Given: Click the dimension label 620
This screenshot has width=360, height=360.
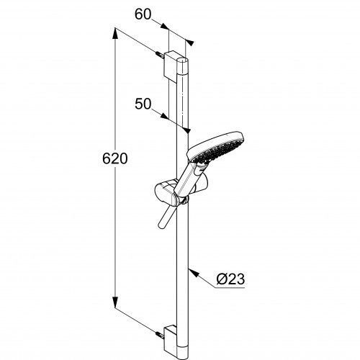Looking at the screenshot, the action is point(115,158).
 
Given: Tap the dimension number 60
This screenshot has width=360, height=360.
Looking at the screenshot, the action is point(143,14).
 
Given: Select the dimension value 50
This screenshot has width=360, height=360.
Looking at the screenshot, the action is point(143,104).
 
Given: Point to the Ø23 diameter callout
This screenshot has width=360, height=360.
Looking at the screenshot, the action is point(230,279).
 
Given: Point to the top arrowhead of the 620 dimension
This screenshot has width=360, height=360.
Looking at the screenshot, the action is point(115,34).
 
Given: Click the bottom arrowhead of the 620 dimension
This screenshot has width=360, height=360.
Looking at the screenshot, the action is point(115,302).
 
